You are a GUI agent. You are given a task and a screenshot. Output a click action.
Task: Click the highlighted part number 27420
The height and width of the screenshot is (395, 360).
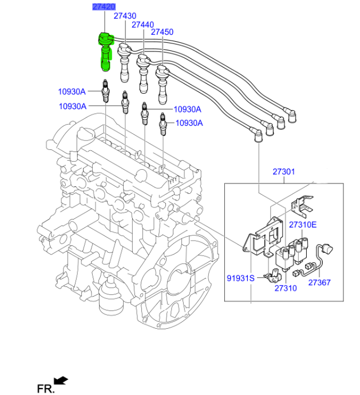tap(104, 7)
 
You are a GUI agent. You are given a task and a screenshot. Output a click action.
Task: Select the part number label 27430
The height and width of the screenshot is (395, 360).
tap(124, 16)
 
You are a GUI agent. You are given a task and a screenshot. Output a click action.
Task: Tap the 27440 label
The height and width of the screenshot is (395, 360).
tap(143, 25)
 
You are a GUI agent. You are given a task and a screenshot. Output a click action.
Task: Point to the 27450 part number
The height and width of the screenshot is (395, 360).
tap(162, 33)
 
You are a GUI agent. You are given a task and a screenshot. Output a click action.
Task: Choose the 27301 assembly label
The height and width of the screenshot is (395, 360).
tap(283, 172)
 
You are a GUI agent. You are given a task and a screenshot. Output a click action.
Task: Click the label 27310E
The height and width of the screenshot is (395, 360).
tap(302, 225)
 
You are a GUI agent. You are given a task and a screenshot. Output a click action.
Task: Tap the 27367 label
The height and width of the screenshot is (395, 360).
tap(319, 282)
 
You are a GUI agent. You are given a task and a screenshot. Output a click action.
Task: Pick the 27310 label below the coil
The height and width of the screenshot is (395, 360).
tap(285, 289)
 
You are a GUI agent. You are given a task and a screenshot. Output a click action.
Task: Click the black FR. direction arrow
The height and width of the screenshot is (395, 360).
tap(60, 380)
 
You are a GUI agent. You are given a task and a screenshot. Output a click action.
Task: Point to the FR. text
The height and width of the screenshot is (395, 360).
tap(45, 389)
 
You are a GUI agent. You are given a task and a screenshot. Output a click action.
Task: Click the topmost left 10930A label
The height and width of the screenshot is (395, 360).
tap(71, 91)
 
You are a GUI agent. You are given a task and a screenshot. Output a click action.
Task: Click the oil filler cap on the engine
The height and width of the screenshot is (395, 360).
tap(85, 134)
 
